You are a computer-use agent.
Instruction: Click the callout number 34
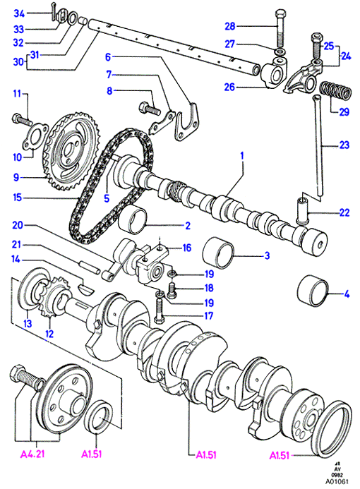(x=19, y=13)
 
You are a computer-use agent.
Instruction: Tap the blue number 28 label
(x=230, y=26)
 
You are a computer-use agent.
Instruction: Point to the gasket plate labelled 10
(x=35, y=139)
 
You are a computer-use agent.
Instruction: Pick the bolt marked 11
(x=21, y=120)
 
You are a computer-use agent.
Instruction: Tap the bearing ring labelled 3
(x=218, y=253)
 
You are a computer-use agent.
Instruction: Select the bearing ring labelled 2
(x=133, y=219)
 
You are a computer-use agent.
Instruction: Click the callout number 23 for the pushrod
(x=344, y=145)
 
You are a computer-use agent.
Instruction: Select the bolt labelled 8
(x=149, y=108)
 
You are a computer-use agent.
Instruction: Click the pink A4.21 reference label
(x=32, y=454)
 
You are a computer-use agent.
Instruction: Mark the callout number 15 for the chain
(x=18, y=198)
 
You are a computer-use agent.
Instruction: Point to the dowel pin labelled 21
(x=89, y=267)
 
